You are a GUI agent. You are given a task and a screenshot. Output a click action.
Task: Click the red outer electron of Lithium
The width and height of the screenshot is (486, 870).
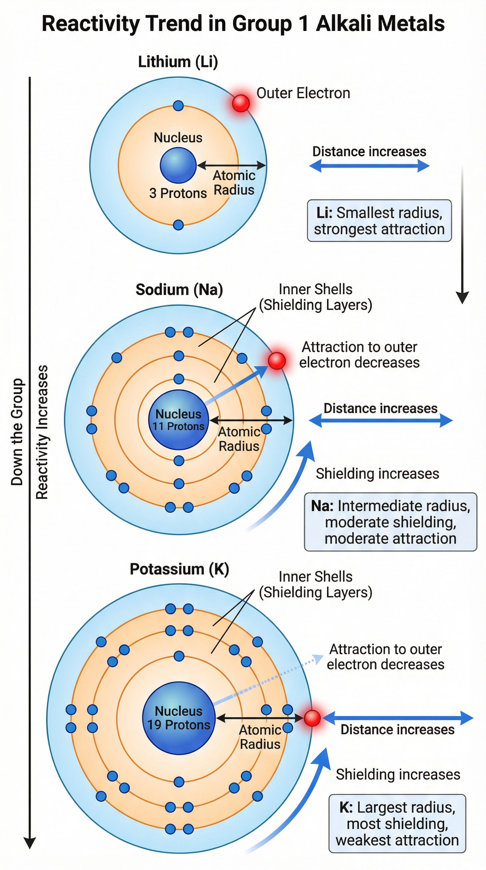point(241,103)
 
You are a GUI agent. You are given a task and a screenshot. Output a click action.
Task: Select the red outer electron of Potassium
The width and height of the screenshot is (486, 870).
point(312,718)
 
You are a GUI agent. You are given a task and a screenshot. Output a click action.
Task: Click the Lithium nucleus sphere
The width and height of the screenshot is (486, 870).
point(178,165)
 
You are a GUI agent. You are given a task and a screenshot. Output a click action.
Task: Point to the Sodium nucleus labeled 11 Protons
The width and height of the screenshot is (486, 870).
point(178,420)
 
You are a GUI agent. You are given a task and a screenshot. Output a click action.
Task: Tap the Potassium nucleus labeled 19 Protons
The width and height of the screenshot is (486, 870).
point(178,718)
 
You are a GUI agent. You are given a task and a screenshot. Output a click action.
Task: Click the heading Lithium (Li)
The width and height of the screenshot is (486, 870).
point(178,62)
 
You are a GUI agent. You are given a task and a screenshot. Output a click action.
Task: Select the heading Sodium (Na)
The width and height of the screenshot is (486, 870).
point(179,290)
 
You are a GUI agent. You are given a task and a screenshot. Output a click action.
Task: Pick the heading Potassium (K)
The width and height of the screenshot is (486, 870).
point(179,569)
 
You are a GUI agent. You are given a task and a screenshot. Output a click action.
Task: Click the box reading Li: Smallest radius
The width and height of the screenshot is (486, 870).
point(379,221)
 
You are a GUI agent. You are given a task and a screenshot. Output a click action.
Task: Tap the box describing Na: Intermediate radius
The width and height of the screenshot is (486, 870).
point(390,522)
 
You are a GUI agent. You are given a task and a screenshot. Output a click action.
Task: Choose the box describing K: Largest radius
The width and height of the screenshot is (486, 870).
point(397,824)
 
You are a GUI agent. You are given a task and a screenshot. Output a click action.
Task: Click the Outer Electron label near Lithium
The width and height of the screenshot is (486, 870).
point(303,93)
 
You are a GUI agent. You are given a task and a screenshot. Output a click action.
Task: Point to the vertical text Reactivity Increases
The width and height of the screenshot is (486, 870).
point(42,432)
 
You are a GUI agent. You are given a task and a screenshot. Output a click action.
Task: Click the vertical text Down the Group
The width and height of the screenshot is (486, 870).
point(17,432)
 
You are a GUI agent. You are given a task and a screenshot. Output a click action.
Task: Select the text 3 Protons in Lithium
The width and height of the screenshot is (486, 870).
point(178,193)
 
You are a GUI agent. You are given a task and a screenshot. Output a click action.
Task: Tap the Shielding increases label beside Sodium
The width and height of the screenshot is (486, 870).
point(377,474)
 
